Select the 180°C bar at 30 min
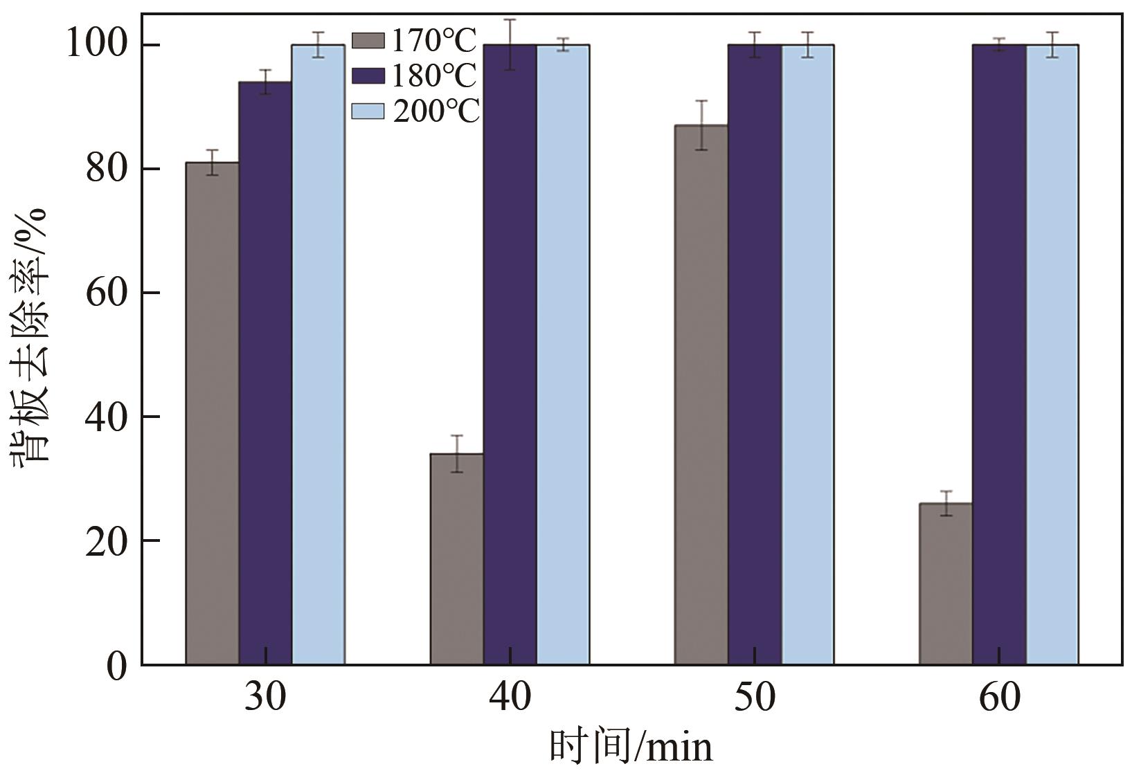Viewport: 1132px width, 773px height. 265,373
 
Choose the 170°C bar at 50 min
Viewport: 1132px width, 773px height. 701,394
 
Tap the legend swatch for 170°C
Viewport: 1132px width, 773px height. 368,41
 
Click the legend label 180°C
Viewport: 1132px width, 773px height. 434,76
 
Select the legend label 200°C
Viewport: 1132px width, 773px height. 435,111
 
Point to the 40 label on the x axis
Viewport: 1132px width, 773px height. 510,698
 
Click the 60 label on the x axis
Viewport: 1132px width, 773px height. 999,698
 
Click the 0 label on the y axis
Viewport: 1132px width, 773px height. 117,665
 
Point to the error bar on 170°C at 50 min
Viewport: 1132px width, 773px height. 701,125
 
